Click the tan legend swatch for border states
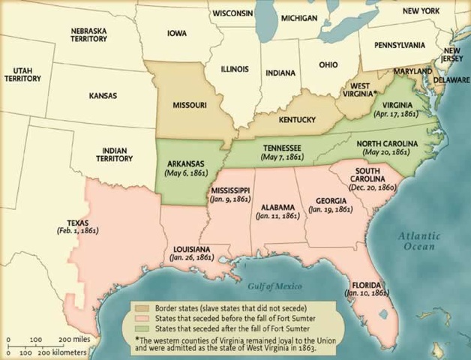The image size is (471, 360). point(142,308)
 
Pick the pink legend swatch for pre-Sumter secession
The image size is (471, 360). point(142,317)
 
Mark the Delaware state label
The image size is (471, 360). point(452,79)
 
